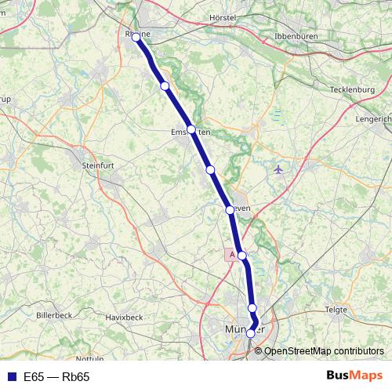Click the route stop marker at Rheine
coord(136,37)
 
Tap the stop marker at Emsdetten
coord(191,129)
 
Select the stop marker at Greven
coord(230,209)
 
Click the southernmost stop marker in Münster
coord(251,333)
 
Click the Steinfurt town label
coord(99,165)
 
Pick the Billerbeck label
coord(54,314)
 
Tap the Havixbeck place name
coord(124,317)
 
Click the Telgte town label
coord(336,310)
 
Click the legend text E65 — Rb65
coord(56,377)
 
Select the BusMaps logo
coord(354,376)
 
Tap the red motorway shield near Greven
coord(230,255)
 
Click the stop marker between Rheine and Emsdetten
coord(165,86)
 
